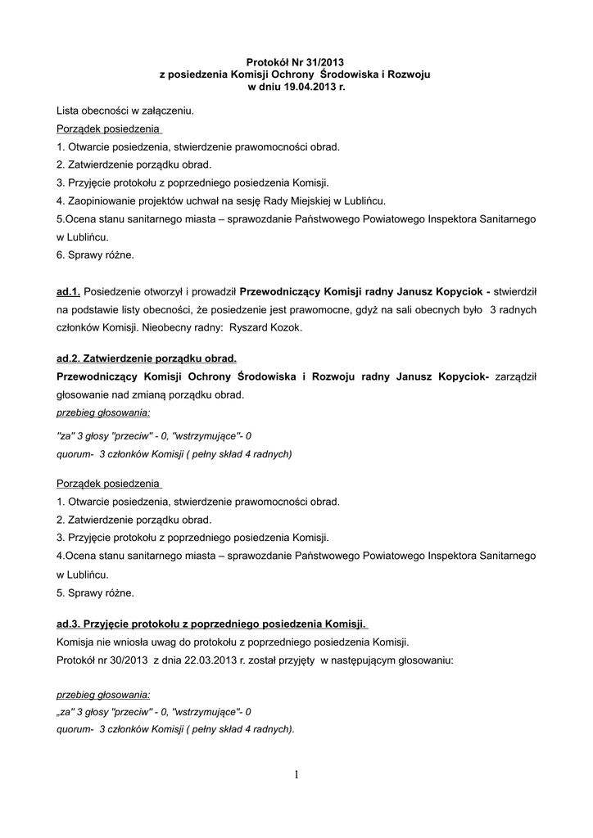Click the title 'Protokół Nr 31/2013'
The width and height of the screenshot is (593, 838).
(296, 62)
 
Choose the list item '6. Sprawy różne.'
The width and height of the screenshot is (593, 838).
(95, 255)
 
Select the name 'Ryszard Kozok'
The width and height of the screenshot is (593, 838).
(266, 327)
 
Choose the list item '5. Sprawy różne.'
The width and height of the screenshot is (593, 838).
(95, 592)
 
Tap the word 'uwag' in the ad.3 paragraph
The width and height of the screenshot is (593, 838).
(178, 642)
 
